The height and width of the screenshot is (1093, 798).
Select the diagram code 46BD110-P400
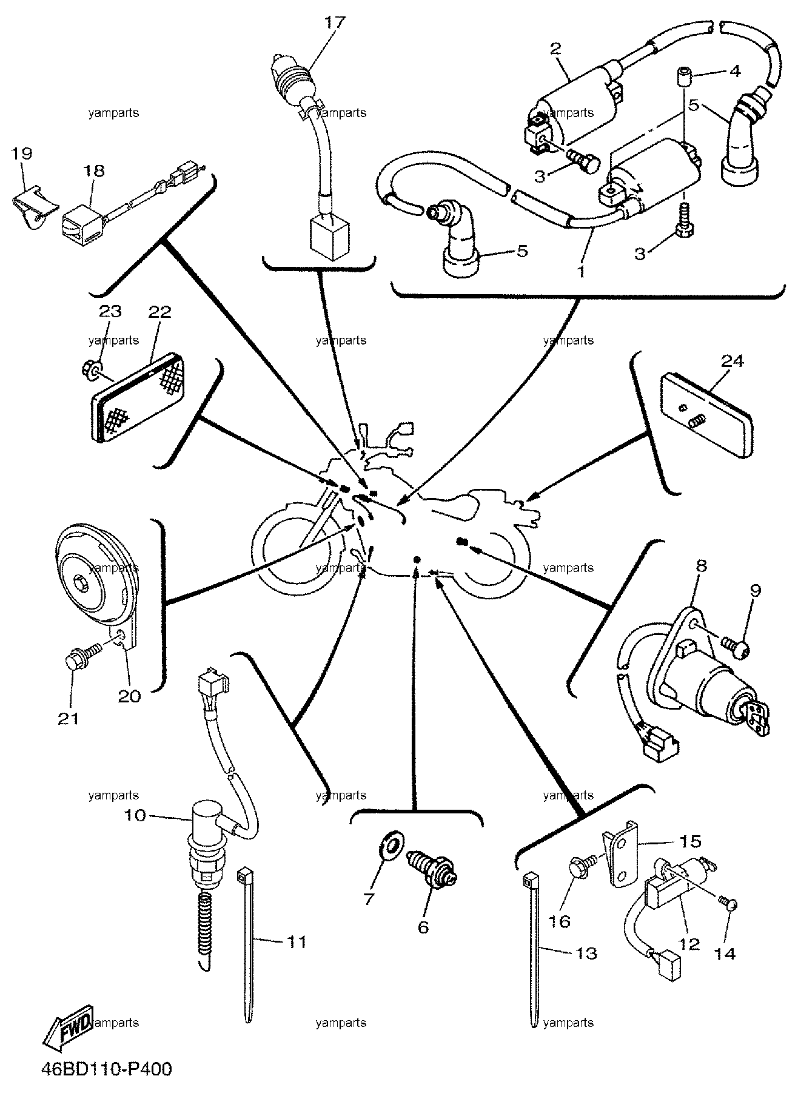[107, 1069]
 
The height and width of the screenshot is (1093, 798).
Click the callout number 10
[136, 815]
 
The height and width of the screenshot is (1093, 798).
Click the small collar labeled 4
[686, 78]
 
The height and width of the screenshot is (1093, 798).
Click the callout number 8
[701, 567]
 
